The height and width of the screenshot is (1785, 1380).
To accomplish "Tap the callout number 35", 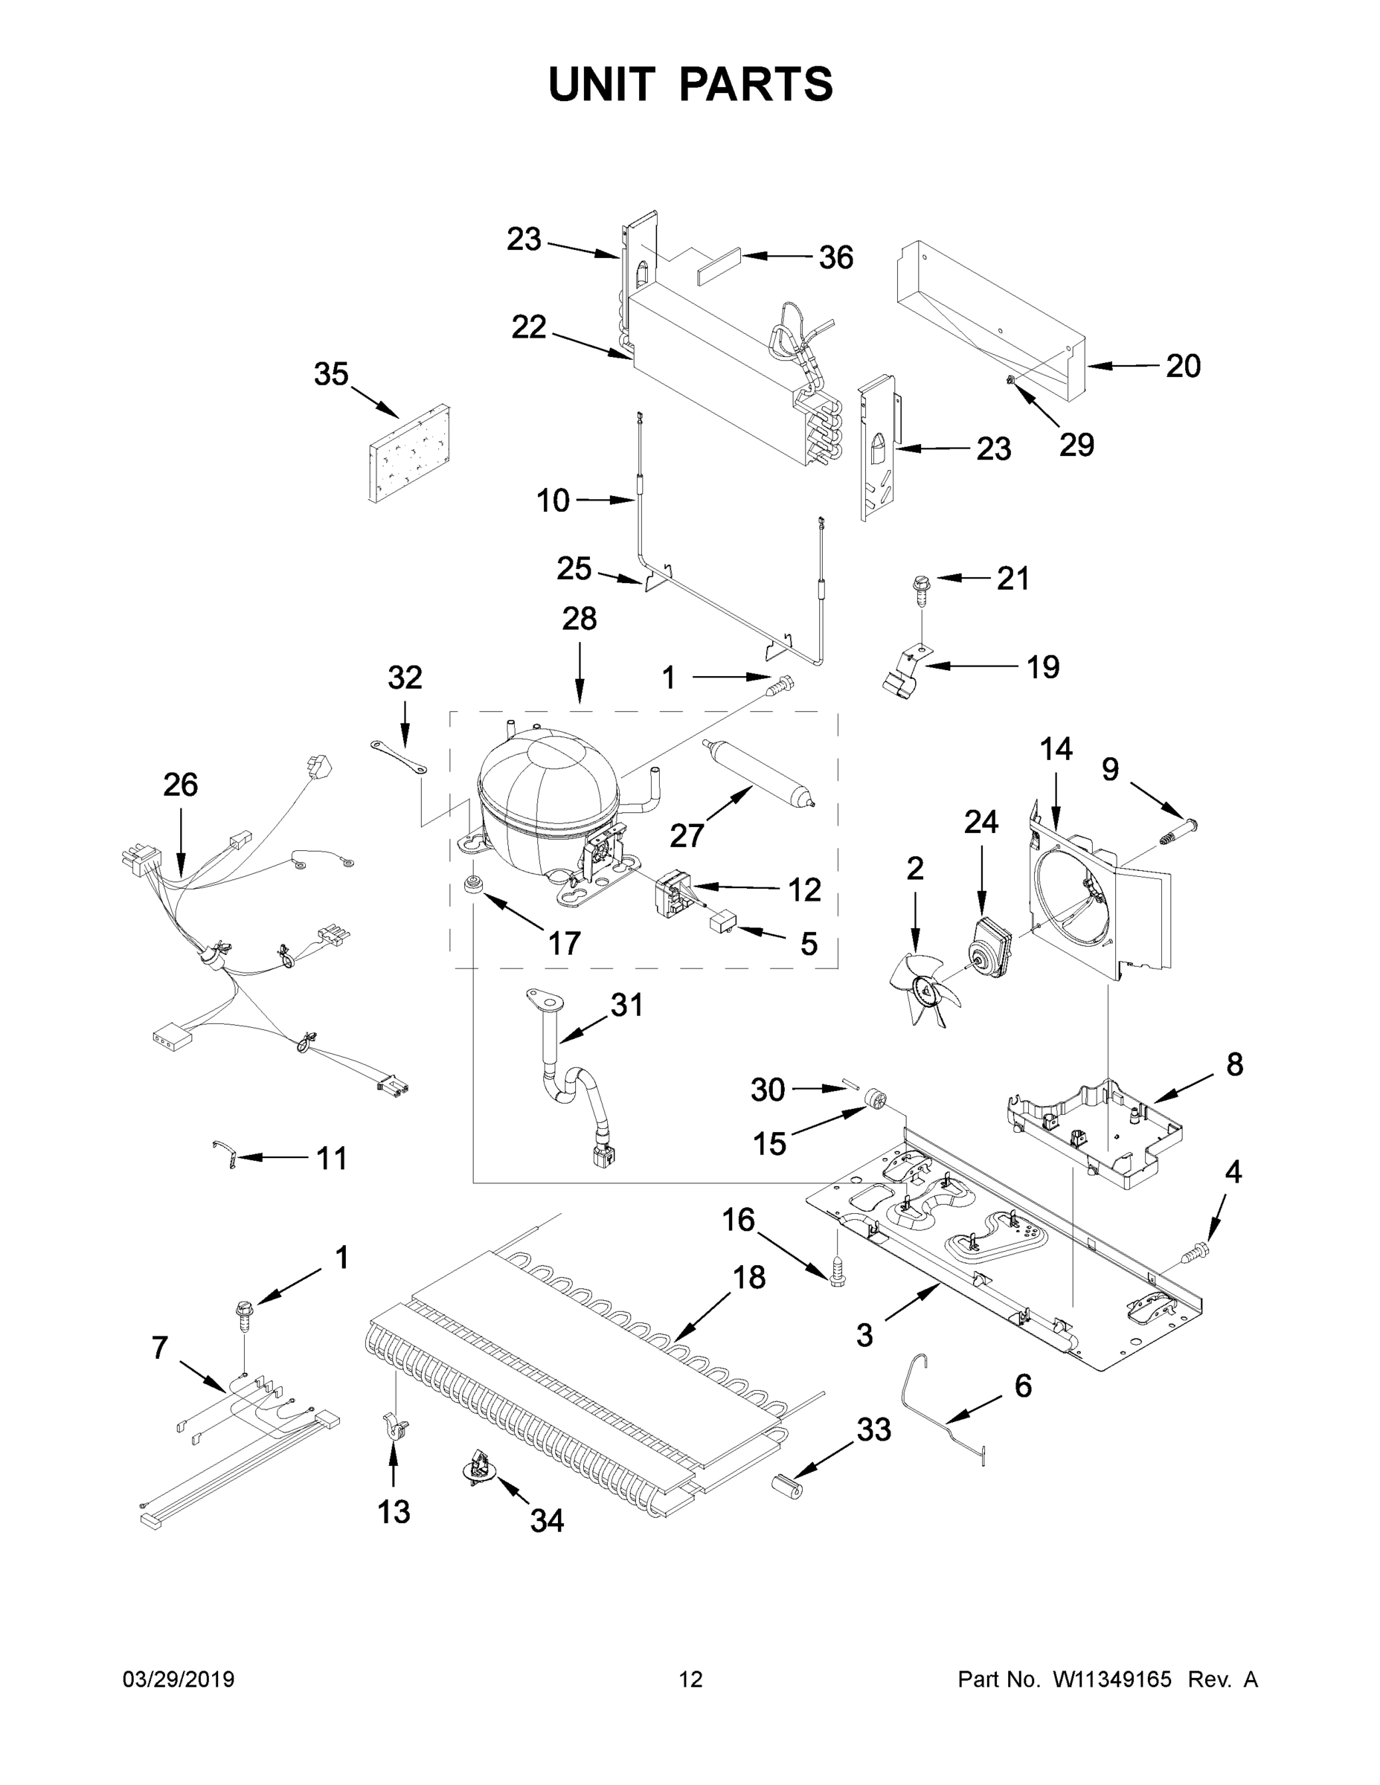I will coord(331,374).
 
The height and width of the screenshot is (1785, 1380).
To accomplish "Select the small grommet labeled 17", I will coord(472,886).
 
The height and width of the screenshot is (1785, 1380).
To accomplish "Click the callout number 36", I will coord(835,257).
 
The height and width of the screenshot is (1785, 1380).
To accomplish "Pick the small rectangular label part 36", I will coord(719,265).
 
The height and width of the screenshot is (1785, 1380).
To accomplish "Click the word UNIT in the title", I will coord(602,84).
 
